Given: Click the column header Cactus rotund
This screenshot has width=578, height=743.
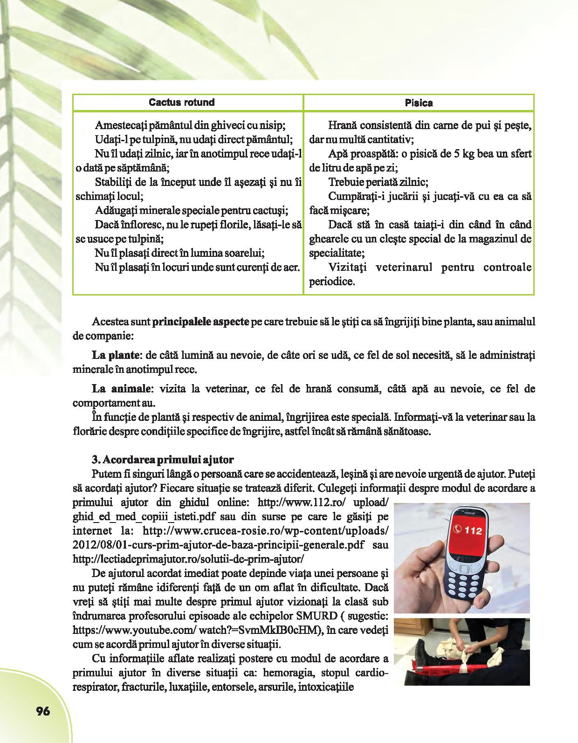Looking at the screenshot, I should [181, 103].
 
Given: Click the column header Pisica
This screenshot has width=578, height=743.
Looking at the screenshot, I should [418, 103].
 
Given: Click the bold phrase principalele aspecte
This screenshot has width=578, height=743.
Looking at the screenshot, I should [200, 322].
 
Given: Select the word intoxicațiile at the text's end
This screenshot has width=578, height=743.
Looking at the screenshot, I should [326, 687].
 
